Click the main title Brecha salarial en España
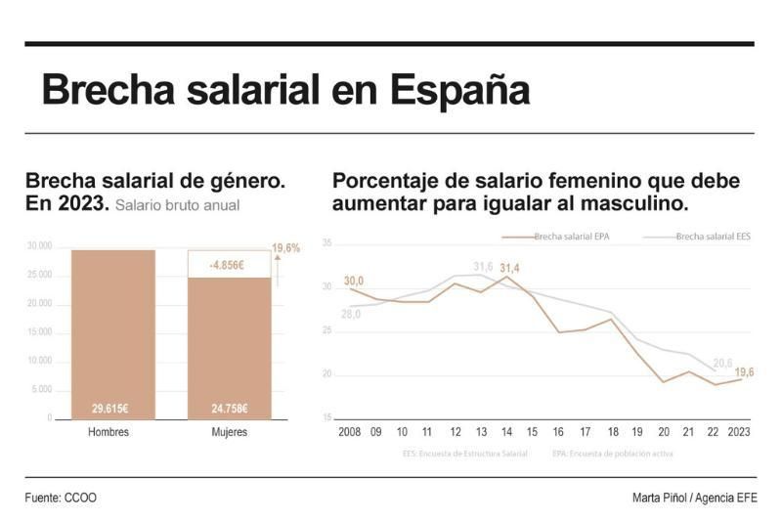284,91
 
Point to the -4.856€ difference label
229,265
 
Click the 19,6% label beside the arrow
285,248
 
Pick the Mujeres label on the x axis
229,432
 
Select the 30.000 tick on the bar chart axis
39,246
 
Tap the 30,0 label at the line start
354,281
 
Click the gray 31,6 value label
483,266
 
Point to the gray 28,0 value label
351,314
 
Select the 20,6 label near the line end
722,363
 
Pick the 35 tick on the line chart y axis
327,242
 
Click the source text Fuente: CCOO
61,498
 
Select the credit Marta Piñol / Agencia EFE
693,498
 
